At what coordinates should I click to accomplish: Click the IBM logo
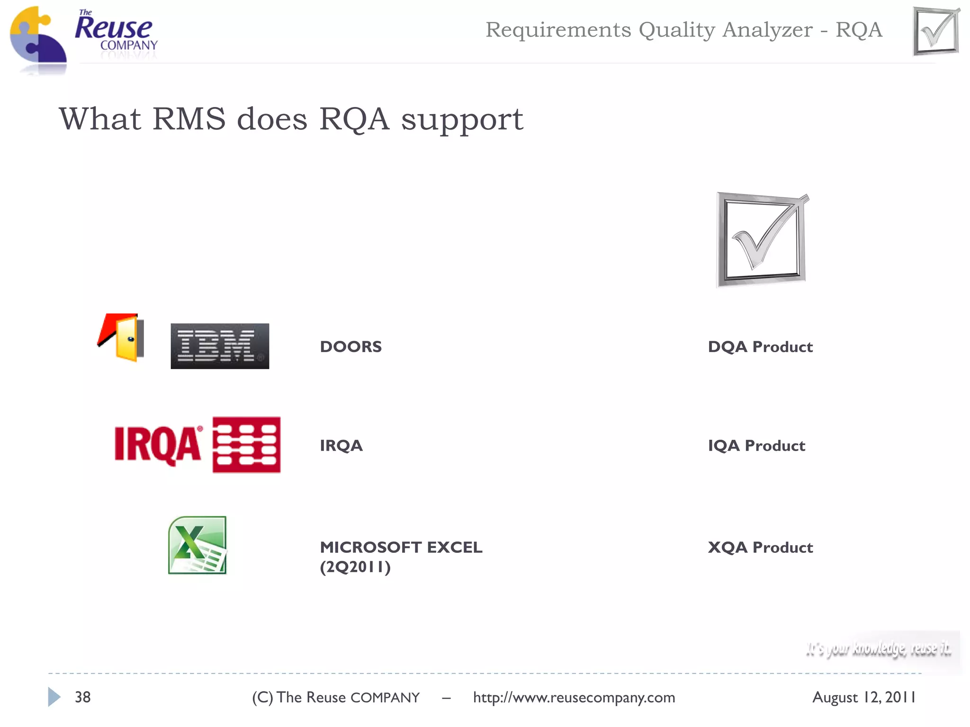[220, 346]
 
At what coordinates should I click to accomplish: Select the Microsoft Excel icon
[198, 545]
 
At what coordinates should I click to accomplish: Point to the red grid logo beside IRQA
[246, 445]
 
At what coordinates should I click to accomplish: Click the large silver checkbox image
[762, 239]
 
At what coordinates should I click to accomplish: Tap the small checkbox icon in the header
[936, 31]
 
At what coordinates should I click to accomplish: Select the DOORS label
[351, 347]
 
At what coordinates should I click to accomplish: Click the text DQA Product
[760, 347]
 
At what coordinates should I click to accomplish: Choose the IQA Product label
[756, 446]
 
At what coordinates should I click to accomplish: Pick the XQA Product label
[760, 548]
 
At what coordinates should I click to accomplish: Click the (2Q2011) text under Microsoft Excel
[355, 567]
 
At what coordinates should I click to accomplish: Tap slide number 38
[83, 697]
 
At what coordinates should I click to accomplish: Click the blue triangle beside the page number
[54, 697]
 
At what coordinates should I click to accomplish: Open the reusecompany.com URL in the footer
[574, 698]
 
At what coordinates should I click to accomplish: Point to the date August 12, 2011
[864, 697]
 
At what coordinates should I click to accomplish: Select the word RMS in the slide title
[189, 119]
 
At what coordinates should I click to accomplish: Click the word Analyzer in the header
[767, 30]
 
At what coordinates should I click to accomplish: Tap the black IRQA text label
[341, 446]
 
